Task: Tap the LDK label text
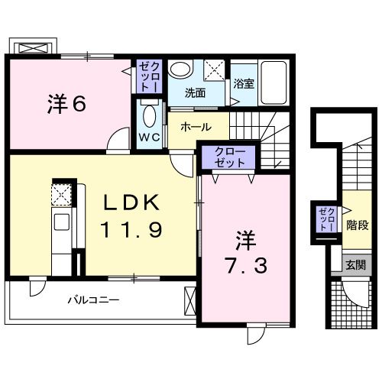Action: tap(131, 203)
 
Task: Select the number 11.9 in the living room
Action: tap(131, 228)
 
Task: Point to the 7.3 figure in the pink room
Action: tap(246, 267)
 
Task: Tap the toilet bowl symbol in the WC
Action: tap(148, 118)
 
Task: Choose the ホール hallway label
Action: tap(196, 128)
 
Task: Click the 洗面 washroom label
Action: tap(196, 93)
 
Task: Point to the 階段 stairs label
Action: tap(357, 225)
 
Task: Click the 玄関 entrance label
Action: tap(355, 266)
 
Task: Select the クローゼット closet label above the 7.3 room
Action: tap(230, 157)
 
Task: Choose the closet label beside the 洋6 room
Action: tap(147, 76)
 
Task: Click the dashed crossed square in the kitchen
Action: tap(62, 195)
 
